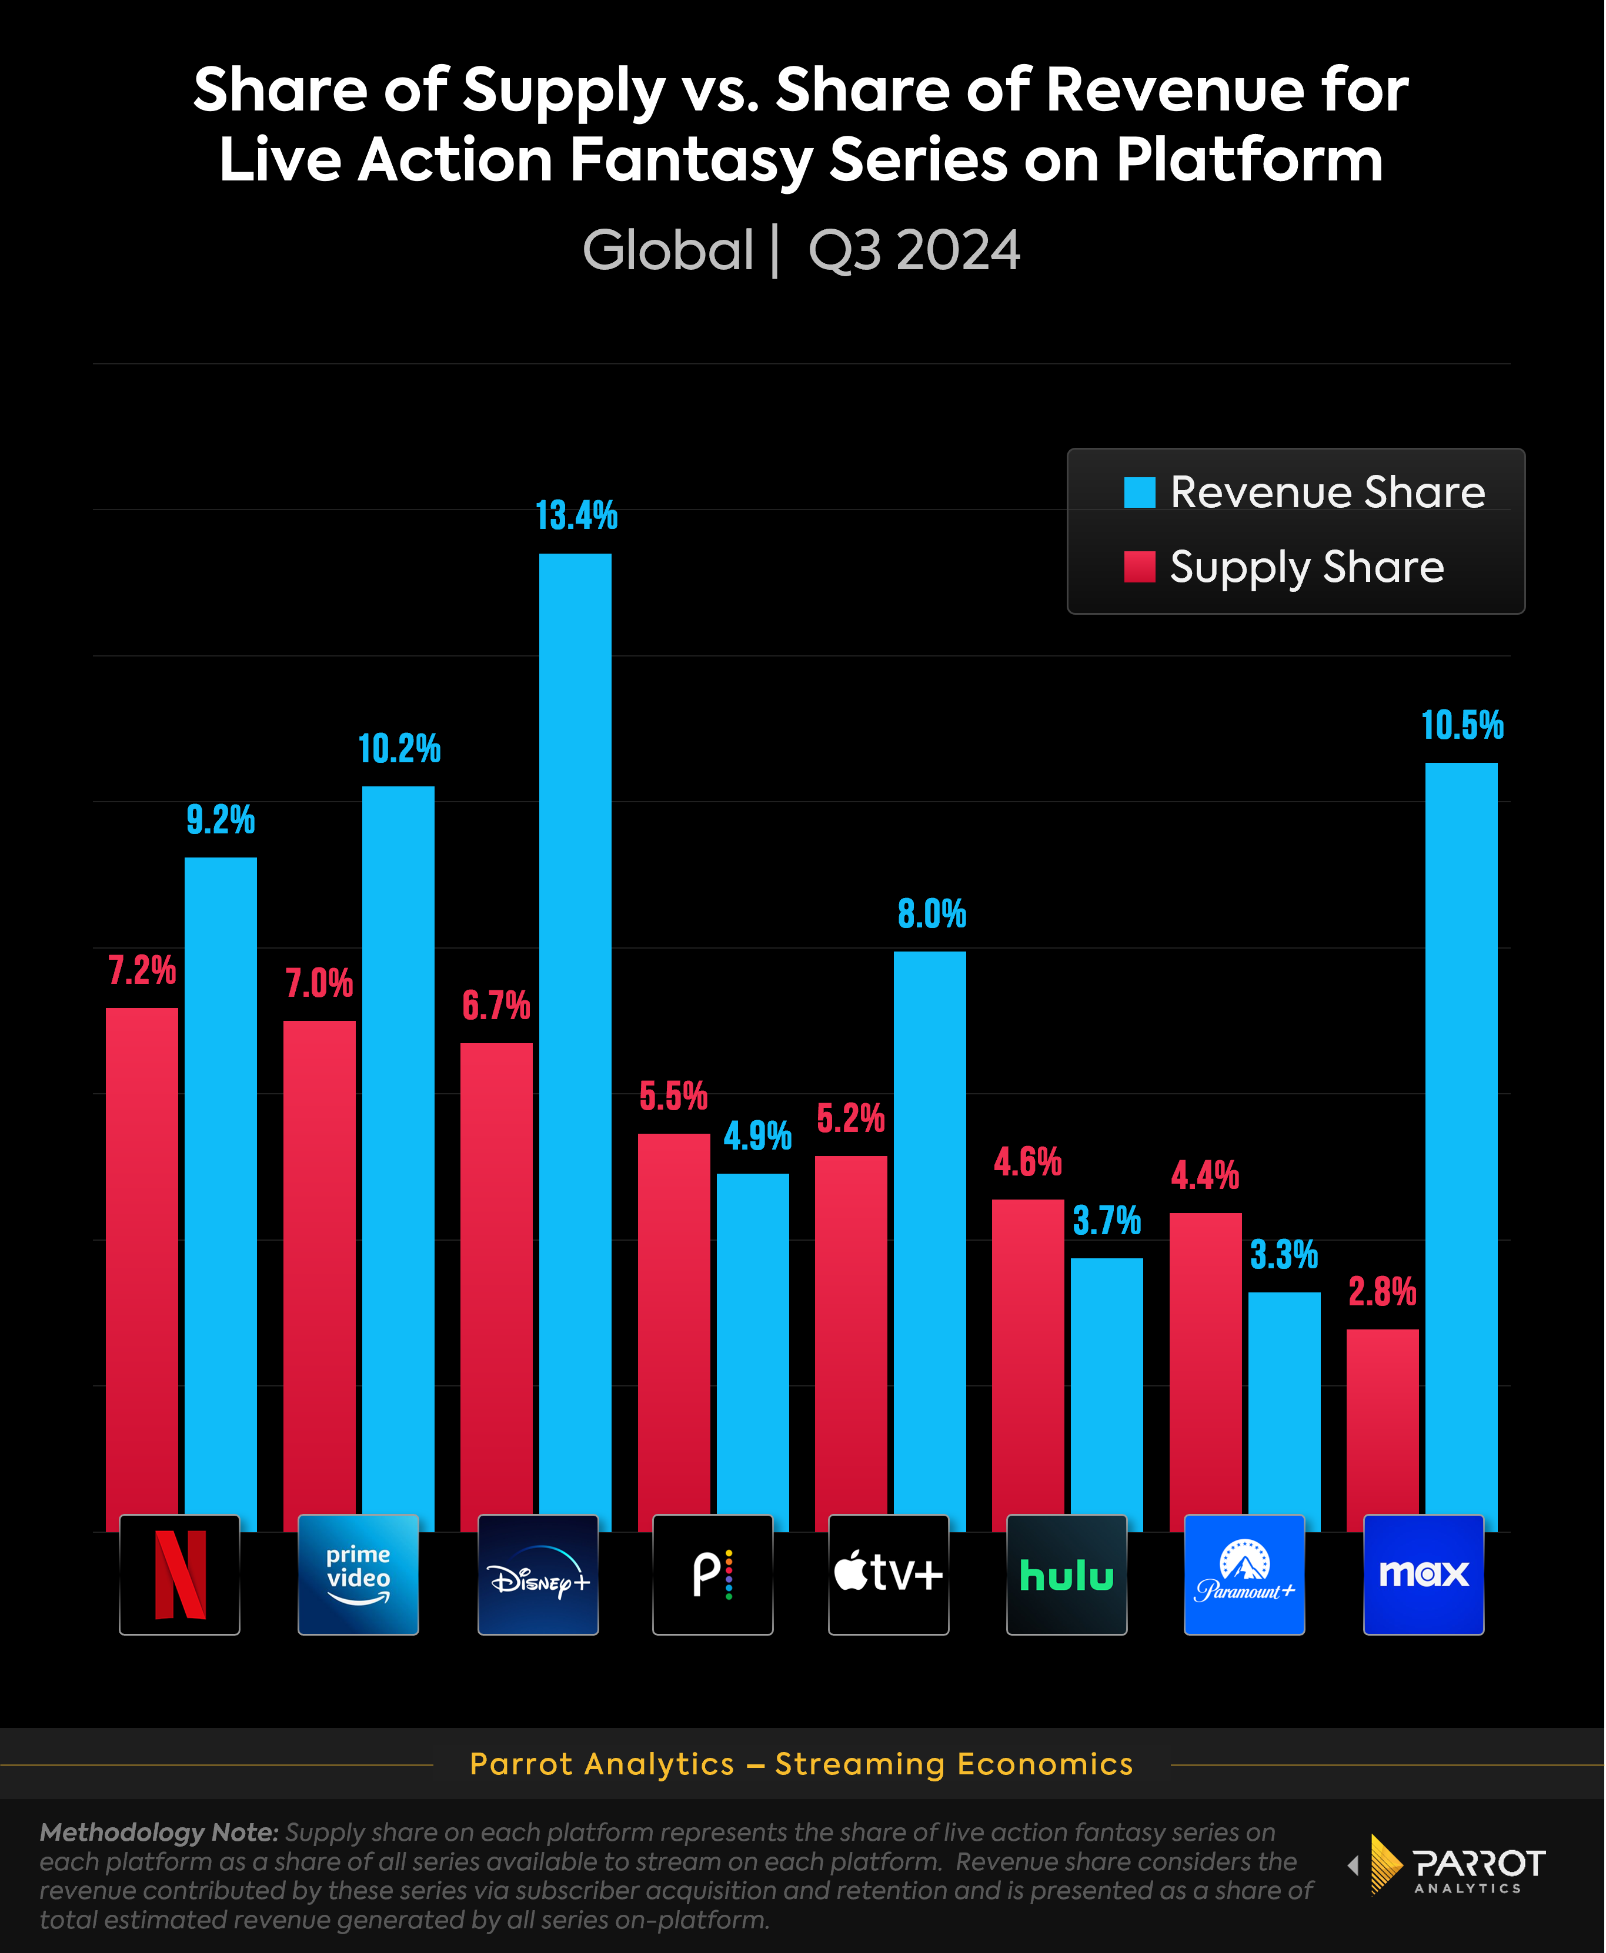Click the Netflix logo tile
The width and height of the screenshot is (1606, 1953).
click(179, 1575)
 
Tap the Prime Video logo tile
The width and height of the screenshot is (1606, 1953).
click(358, 1575)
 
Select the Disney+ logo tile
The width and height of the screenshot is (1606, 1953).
click(537, 1575)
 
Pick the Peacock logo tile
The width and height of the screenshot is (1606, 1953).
click(712, 1575)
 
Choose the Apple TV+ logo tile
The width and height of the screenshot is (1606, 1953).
click(888, 1575)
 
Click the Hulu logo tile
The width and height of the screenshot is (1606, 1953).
click(1067, 1575)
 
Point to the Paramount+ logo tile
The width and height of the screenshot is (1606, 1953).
click(1244, 1575)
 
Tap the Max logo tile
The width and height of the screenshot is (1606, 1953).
click(1424, 1575)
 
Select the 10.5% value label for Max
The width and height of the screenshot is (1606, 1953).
click(1462, 726)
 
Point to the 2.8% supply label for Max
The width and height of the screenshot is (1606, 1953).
click(1382, 1292)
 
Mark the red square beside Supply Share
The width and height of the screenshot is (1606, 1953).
click(1140, 567)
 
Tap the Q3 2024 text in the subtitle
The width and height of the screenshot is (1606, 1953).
click(914, 250)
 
